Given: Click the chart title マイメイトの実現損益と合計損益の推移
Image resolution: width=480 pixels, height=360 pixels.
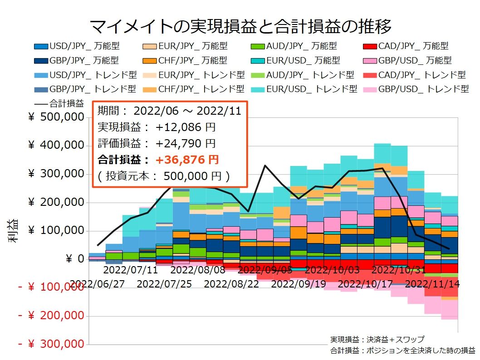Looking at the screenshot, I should tap(240, 26).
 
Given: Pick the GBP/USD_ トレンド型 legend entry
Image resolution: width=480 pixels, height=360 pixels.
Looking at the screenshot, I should tap(416, 89).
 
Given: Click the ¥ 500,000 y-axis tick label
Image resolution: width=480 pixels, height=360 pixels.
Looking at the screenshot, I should tap(56, 117).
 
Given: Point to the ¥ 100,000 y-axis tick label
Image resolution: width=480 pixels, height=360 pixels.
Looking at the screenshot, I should tap(56, 231).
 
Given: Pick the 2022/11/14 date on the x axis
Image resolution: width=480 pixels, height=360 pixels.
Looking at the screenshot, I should tap(432, 284).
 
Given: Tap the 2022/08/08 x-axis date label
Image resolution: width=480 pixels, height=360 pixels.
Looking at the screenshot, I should tap(197, 270).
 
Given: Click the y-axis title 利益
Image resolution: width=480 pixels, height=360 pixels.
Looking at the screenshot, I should tap(13, 231).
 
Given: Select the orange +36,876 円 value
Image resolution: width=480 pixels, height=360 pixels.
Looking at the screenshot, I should tap(187, 160).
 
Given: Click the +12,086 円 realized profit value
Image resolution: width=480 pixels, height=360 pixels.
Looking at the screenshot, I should tap(186, 127).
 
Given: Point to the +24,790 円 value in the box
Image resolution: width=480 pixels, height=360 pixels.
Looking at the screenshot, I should tap(186, 143).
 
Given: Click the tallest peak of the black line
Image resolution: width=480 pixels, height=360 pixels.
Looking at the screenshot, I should tap(264, 165).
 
